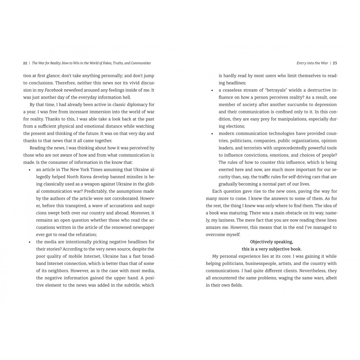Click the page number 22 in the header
coord(25,63)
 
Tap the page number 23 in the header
coord(335,63)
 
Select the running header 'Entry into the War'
coord(312,63)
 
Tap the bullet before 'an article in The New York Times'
coord(30,170)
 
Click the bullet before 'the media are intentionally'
coord(30,242)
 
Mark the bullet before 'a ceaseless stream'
coord(212,90)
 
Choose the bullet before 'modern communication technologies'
coord(212,134)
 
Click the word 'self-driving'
coord(294,177)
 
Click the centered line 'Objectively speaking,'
coord(272,242)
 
